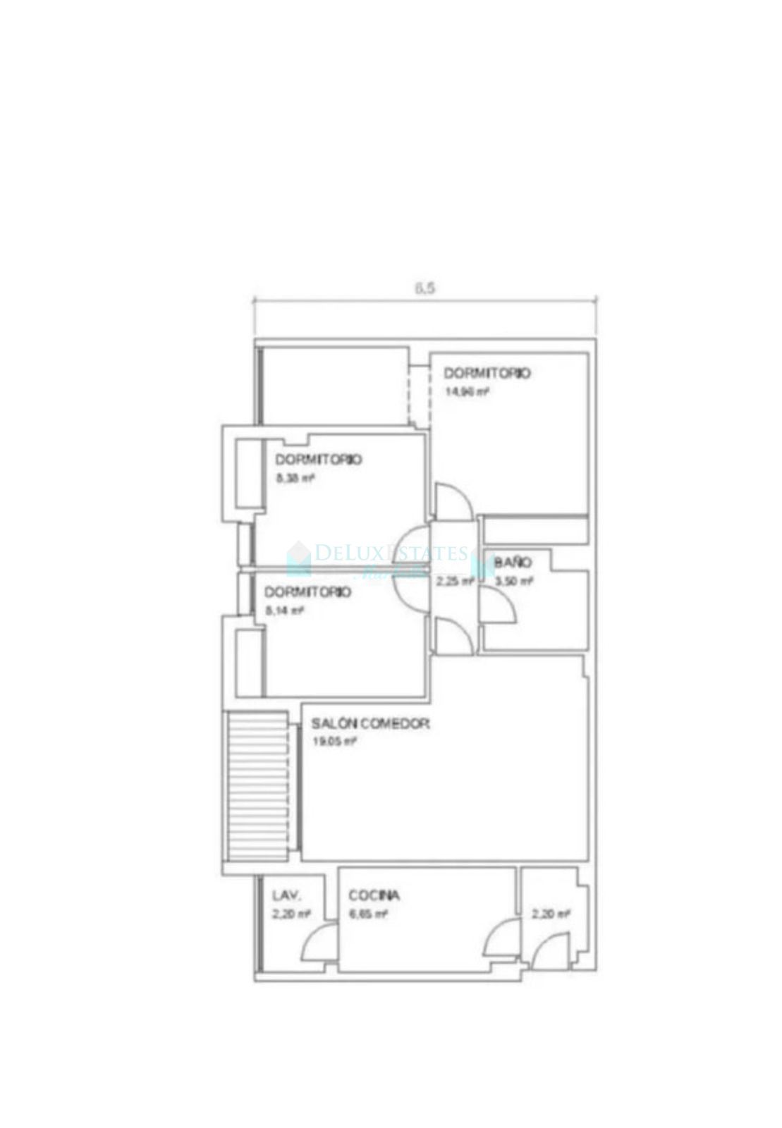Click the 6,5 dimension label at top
(424, 288)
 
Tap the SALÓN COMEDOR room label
(371, 723)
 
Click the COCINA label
(374, 895)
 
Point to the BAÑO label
(513, 563)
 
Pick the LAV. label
(287, 896)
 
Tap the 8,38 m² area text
(295, 478)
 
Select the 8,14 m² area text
(284, 611)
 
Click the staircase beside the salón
(257, 786)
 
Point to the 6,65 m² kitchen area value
(368, 914)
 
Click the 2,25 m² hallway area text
(455, 582)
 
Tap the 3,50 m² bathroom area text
(514, 582)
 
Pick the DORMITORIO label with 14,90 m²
(487, 373)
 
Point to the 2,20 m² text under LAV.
(291, 914)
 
